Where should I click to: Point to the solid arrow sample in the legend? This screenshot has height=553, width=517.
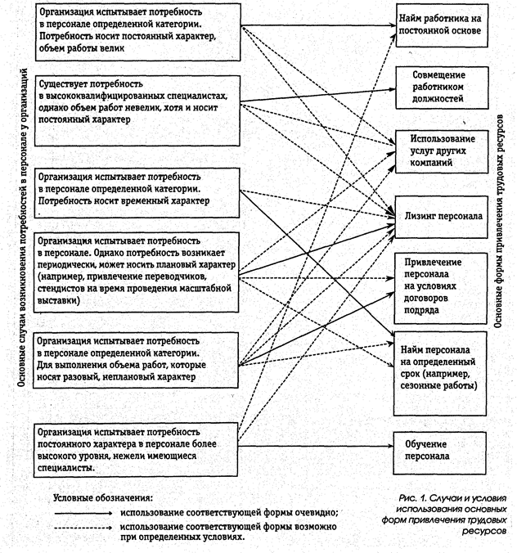point(81,511)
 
